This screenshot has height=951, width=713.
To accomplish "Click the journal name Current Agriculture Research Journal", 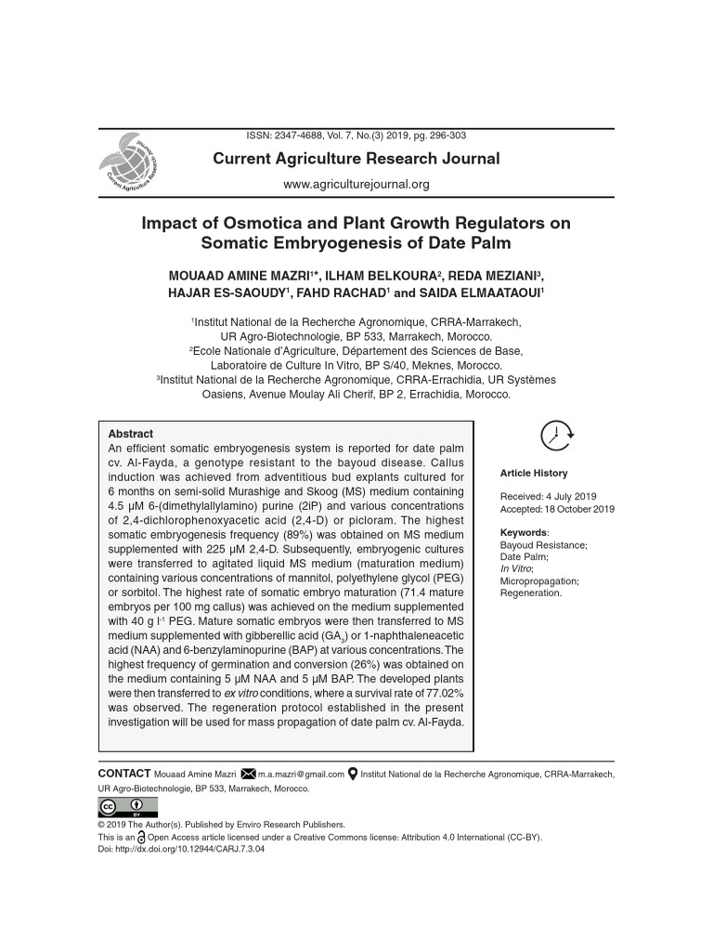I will [x=356, y=159].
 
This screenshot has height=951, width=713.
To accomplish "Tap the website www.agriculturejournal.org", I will [x=356, y=185].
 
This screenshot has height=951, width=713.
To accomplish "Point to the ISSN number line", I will [x=356, y=136].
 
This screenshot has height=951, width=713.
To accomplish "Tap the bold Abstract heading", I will [x=131, y=434].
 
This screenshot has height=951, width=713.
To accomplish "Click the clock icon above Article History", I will [x=557, y=435].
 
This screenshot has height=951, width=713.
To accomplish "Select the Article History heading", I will [x=534, y=474].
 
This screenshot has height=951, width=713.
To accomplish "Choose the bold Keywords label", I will [x=524, y=532].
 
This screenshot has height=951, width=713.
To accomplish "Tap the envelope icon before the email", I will [x=248, y=774].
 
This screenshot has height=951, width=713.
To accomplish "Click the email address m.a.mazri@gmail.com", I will [x=301, y=774].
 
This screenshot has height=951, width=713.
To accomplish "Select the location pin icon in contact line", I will [x=353, y=774].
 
